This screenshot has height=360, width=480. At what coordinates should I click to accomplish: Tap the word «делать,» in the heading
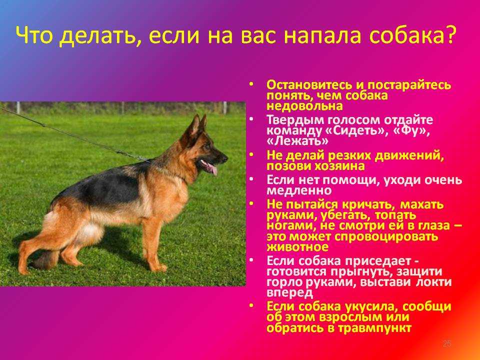click(x=101, y=36)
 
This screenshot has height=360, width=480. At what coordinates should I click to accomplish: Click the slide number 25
click(x=447, y=343)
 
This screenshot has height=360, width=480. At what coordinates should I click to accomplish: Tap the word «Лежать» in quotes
click(x=297, y=141)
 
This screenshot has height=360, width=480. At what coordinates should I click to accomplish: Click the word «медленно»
click(x=299, y=190)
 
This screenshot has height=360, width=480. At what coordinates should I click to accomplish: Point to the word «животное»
click(x=297, y=246)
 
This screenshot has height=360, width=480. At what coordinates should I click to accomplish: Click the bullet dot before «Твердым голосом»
click(x=251, y=119)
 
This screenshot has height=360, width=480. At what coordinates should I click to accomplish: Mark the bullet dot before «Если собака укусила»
click(x=251, y=305)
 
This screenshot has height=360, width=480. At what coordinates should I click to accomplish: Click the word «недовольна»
click(x=304, y=106)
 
